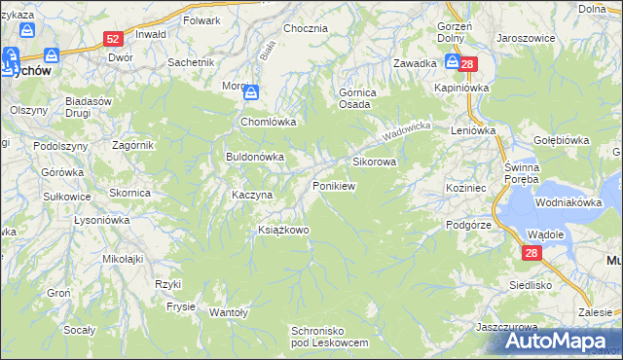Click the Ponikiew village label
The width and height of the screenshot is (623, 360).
[333, 185]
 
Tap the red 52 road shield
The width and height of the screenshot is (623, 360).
[114, 39]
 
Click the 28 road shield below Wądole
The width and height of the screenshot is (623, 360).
[531, 253]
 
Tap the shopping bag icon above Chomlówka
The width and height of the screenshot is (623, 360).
[251, 93]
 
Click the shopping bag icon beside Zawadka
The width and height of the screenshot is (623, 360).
[453, 62]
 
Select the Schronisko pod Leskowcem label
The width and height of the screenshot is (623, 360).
[331, 337]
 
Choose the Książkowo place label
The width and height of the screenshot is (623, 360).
[282, 230]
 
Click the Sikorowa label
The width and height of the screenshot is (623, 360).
[374, 162]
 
